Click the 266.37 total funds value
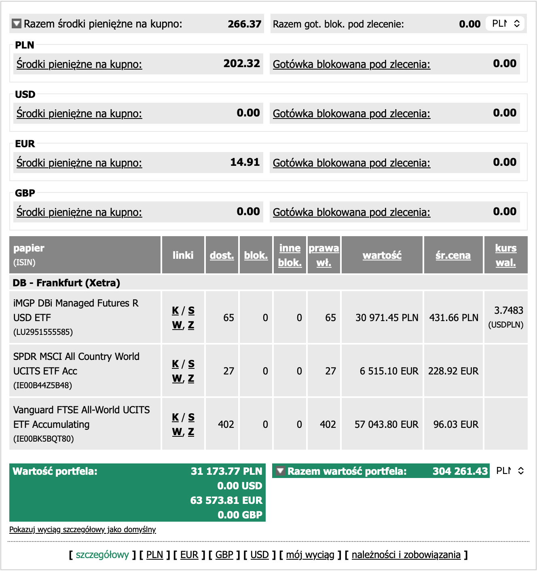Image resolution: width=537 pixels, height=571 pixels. [x=244, y=24]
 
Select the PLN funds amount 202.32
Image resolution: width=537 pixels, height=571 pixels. [x=241, y=63]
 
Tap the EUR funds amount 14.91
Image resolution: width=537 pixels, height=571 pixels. [x=245, y=162]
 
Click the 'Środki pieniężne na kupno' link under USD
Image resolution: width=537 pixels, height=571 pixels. [x=79, y=114]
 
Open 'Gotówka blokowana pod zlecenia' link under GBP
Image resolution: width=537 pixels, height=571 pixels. [x=351, y=212]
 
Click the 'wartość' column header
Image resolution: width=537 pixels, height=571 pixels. [x=382, y=255]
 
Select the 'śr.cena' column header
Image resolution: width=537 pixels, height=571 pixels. [x=453, y=255]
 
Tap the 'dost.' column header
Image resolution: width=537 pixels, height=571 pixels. [x=222, y=255]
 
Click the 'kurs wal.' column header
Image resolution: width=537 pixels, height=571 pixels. [x=505, y=255]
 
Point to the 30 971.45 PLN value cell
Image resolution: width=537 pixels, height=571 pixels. [x=387, y=318]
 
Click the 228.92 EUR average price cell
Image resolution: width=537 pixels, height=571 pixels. [x=453, y=371]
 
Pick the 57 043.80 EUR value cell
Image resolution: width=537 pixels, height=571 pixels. [x=386, y=425]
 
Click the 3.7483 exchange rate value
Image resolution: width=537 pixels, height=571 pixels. [x=508, y=311]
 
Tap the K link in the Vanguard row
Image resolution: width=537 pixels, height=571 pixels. [x=175, y=417]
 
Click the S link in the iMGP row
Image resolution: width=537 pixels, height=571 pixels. [x=191, y=311]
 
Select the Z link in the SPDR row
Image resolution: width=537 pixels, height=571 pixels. [x=191, y=379]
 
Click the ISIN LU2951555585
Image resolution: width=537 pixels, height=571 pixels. [x=43, y=332]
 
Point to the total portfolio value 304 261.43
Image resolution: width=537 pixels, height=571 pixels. [x=460, y=471]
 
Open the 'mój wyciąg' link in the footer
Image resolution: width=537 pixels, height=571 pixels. [x=310, y=555]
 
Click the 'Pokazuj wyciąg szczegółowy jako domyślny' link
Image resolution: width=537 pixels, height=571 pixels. [x=82, y=529]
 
